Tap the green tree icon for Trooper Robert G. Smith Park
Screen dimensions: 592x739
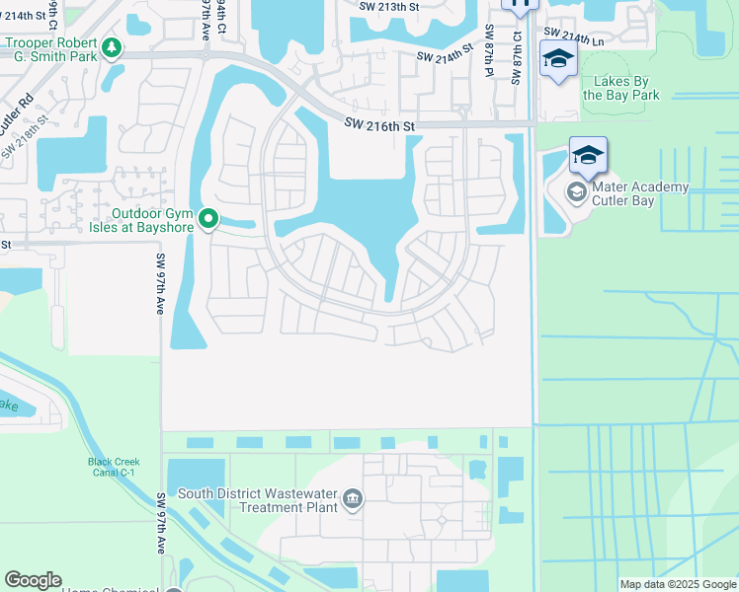[113, 47]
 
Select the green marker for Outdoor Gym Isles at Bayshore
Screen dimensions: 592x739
[207, 219]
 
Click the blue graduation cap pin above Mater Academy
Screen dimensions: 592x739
[588, 156]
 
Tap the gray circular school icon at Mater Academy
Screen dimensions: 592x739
[576, 191]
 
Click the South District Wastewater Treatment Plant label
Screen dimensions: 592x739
[258, 500]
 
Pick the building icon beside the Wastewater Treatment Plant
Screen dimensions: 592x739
[353, 500]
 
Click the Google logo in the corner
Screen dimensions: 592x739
[33, 580]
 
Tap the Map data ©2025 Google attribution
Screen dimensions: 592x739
[677, 584]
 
